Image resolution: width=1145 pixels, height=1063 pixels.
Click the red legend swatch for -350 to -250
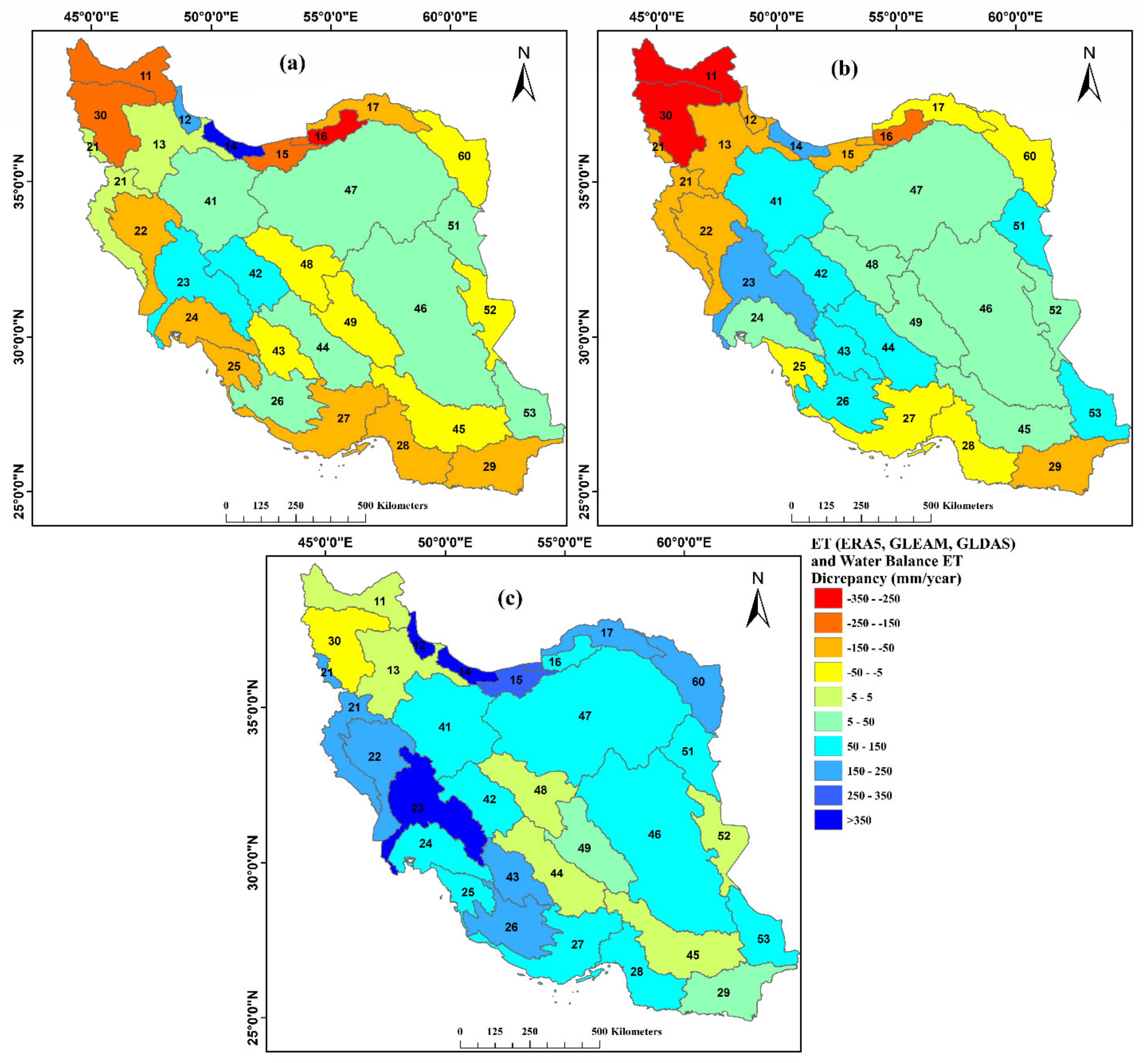(x=828, y=598)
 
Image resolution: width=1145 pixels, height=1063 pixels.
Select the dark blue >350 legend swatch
(x=828, y=820)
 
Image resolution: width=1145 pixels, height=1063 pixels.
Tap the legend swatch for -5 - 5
(x=828, y=696)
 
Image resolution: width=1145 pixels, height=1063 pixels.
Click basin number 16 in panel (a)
(x=320, y=136)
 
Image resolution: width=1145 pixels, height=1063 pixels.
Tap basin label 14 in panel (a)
(x=231, y=146)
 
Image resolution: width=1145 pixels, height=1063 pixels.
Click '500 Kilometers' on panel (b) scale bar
(x=958, y=506)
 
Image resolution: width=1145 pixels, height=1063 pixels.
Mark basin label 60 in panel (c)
(x=698, y=682)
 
